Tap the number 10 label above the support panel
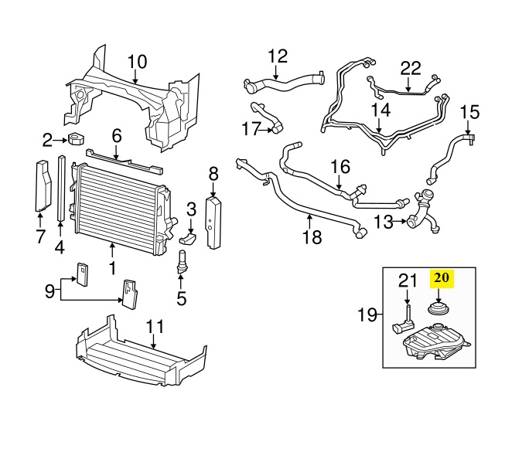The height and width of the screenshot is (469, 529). (x=136, y=61)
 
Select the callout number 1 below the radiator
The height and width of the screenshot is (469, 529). (x=113, y=270)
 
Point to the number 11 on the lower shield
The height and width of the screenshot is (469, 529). (x=155, y=325)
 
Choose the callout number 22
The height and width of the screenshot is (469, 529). (x=411, y=68)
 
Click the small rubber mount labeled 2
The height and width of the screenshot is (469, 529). (x=76, y=139)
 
